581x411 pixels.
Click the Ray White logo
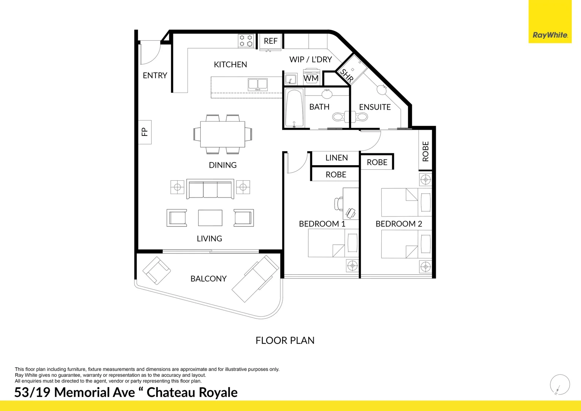point(550,35)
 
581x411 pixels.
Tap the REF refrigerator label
point(271,41)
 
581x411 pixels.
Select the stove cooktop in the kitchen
point(246,41)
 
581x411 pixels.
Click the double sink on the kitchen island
point(257,84)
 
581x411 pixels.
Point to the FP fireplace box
point(144,132)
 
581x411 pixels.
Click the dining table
point(222,134)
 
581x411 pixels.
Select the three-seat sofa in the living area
point(210,190)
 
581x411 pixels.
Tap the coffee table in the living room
point(210,218)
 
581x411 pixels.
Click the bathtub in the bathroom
point(294,108)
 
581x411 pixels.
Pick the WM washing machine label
point(311,78)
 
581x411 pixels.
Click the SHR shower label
point(347,75)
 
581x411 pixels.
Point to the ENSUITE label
point(375,107)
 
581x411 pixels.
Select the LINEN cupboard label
point(337,158)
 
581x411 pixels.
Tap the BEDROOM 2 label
point(398,224)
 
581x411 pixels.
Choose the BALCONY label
point(208,279)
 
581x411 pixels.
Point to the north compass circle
point(560,384)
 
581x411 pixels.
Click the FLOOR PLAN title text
point(285,340)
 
